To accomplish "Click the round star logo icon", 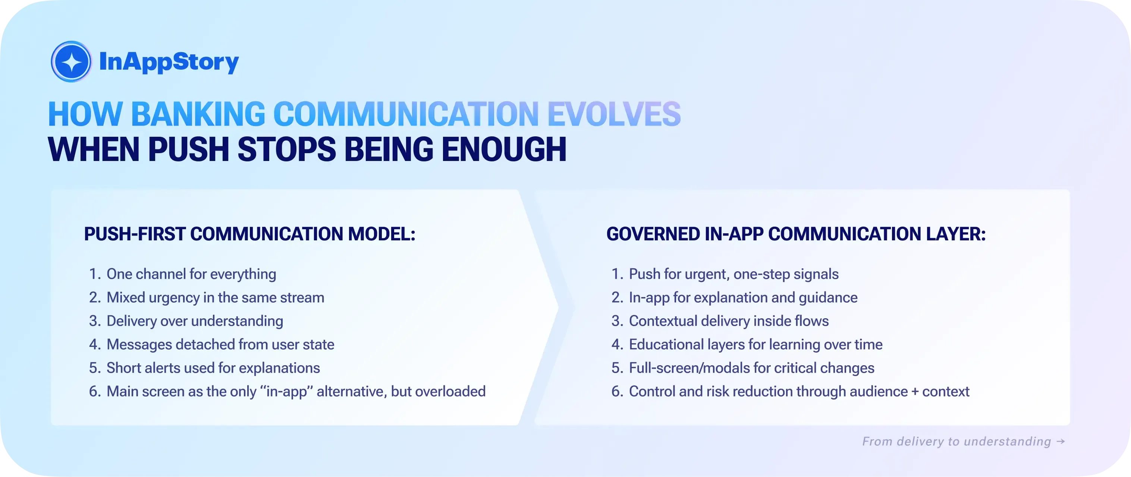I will click(x=71, y=62).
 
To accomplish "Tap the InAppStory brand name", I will click(x=169, y=62).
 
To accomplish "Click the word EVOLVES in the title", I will click(x=614, y=114).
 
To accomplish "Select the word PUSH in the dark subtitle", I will click(x=188, y=150).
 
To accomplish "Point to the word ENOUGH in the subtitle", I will click(x=504, y=150).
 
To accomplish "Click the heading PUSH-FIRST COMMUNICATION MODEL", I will click(x=249, y=234).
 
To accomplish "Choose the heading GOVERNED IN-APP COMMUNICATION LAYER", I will click(x=795, y=234).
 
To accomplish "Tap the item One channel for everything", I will click(x=191, y=274).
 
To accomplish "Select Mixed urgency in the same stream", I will click(x=215, y=297).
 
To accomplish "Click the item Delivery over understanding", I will click(x=195, y=321).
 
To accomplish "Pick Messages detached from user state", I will click(x=220, y=344).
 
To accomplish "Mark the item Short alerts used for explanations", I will click(x=213, y=368).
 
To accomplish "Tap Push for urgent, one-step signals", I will click(x=733, y=274).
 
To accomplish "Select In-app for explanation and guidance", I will click(x=743, y=297).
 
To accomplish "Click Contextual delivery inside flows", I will click(x=728, y=321).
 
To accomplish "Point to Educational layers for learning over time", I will click(x=755, y=344).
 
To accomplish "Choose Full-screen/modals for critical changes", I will click(x=751, y=368).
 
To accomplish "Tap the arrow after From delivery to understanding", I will click(x=1061, y=441).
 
